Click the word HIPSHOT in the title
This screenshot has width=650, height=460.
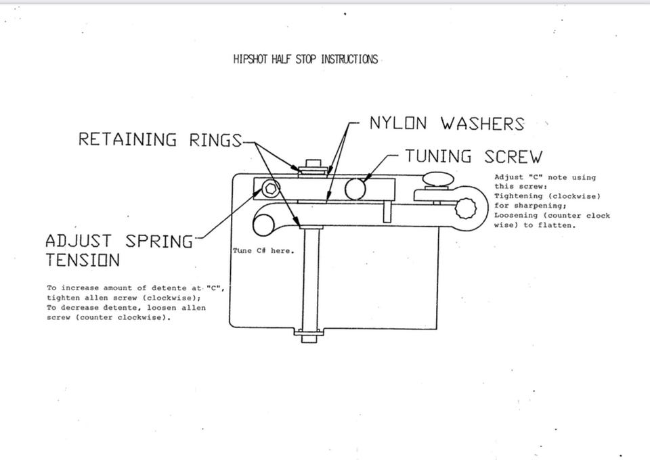pyautogui.click(x=251, y=60)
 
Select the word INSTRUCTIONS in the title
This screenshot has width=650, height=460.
pyautogui.click(x=349, y=60)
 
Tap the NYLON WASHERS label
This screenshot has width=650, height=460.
pyautogui.click(x=446, y=124)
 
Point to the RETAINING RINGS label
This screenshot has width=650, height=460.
pyautogui.click(x=160, y=140)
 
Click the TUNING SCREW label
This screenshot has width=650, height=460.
pyautogui.click(x=473, y=157)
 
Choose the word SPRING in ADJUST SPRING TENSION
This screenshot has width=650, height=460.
pyautogui.click(x=159, y=241)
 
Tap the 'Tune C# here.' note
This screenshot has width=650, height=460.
pyautogui.click(x=263, y=251)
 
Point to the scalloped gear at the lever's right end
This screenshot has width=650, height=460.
pyautogui.click(x=468, y=208)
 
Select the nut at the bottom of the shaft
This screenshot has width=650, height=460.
pyautogui.click(x=308, y=334)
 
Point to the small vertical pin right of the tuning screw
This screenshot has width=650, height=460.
pyautogui.click(x=387, y=212)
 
